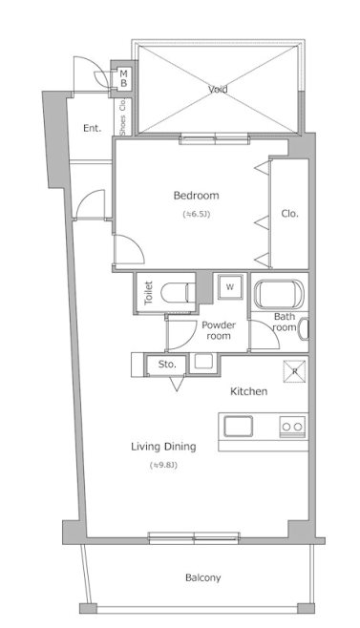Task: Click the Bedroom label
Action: (196, 196)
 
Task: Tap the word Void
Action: (218, 89)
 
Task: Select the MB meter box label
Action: (124, 78)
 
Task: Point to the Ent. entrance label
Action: (93, 128)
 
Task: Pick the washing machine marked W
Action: (230, 286)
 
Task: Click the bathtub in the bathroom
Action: (279, 294)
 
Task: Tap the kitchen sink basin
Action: (238, 426)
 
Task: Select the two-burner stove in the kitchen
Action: (292, 427)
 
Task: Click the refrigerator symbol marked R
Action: (295, 371)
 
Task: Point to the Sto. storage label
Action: (167, 365)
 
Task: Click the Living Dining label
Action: (163, 447)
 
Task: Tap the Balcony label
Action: (202, 578)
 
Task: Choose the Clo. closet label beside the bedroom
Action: (290, 214)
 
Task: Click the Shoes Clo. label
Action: (122, 117)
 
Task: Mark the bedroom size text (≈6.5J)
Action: (197, 214)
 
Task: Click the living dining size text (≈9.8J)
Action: (163, 466)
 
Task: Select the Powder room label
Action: (219, 330)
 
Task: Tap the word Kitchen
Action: (248, 391)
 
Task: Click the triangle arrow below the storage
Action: (177, 384)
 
